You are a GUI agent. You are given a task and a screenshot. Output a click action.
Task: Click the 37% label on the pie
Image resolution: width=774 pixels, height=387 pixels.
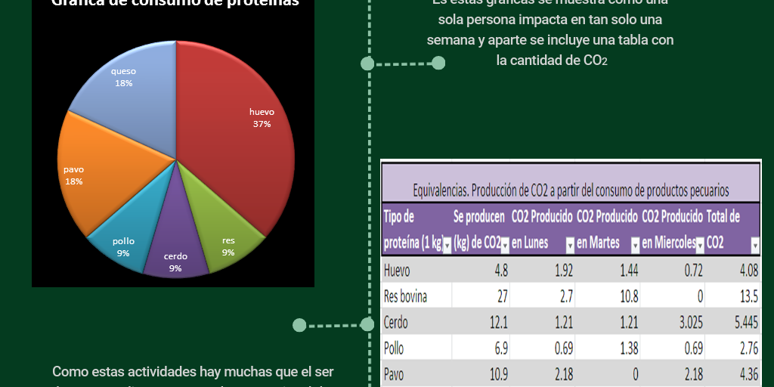[x=262, y=124]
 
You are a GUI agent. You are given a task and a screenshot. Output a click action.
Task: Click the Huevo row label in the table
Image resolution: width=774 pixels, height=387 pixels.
[x=397, y=271]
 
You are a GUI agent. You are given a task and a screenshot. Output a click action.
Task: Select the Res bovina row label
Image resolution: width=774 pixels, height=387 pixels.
[x=405, y=296]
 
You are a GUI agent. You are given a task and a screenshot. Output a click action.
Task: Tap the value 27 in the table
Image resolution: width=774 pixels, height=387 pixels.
[x=500, y=296]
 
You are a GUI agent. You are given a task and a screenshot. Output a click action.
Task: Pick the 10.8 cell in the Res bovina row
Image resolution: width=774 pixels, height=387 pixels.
[x=628, y=296]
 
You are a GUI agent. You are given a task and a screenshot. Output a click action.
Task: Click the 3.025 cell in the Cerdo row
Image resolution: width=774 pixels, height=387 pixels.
[x=691, y=323]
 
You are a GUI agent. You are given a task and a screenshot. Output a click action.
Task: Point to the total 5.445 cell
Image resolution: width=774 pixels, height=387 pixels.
[x=747, y=323]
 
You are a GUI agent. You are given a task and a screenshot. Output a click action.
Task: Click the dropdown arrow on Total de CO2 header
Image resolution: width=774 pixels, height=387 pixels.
[x=755, y=245]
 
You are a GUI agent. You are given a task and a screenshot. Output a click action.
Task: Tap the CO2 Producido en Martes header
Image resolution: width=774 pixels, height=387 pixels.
[x=607, y=230]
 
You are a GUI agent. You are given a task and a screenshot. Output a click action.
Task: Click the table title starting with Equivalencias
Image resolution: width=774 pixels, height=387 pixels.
[x=571, y=190]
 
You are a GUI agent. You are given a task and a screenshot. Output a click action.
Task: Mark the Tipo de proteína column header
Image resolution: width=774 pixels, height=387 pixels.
[x=412, y=230]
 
